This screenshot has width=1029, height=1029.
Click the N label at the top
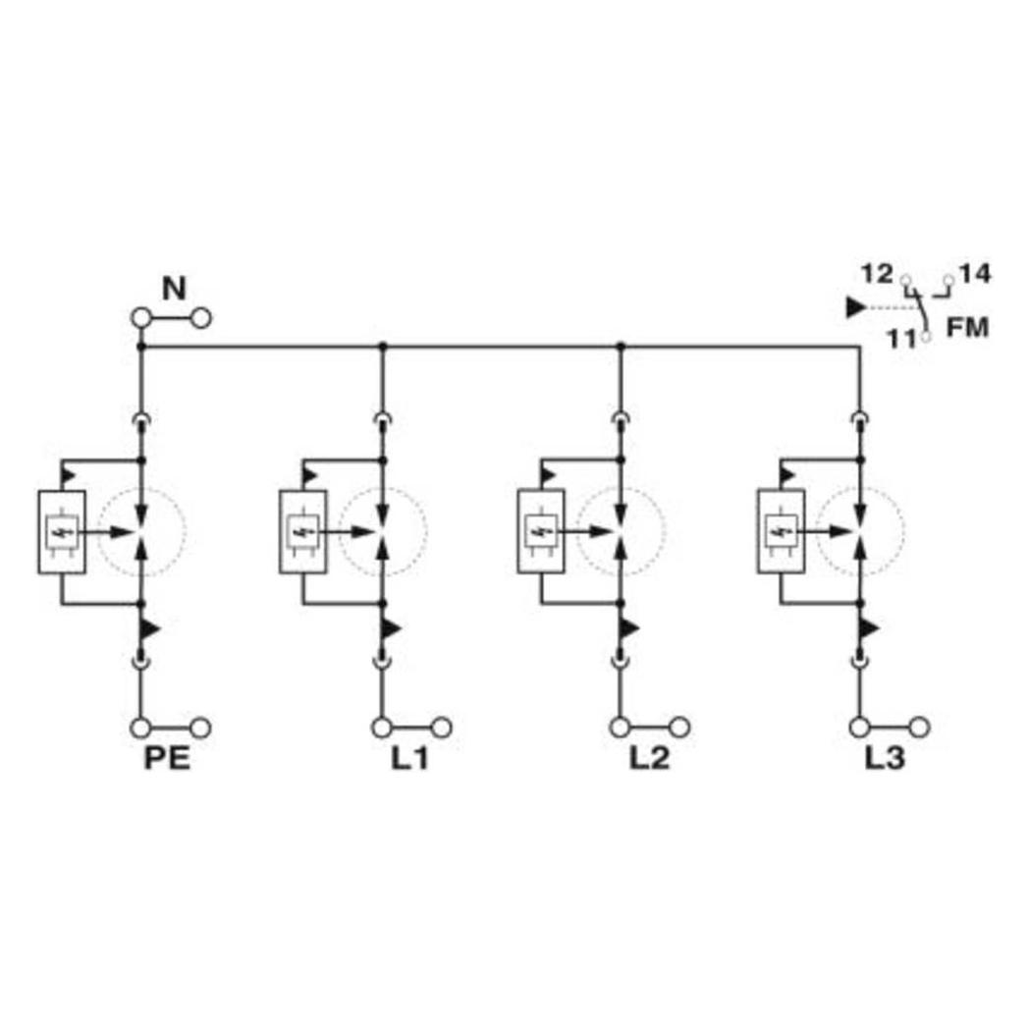point(175,289)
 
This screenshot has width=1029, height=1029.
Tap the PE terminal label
point(167,759)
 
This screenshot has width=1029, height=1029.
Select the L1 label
point(410,759)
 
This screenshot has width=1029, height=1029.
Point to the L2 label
point(650,759)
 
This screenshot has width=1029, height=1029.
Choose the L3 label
point(885,759)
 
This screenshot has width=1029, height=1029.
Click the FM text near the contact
point(967,328)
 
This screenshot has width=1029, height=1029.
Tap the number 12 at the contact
point(878,274)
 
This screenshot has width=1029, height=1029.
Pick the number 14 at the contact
point(975,274)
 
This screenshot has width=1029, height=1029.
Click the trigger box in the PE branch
point(62,532)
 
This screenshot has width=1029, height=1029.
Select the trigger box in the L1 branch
point(302,532)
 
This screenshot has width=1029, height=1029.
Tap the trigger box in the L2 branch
point(541,532)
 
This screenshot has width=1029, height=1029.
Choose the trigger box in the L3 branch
point(781,532)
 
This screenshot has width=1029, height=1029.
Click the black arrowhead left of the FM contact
point(856,307)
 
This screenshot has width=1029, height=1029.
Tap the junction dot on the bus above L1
point(383,346)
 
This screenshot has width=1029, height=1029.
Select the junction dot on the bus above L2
point(621,346)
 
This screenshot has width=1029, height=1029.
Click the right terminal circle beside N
point(201,319)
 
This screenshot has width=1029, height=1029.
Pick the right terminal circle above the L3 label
point(919,728)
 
